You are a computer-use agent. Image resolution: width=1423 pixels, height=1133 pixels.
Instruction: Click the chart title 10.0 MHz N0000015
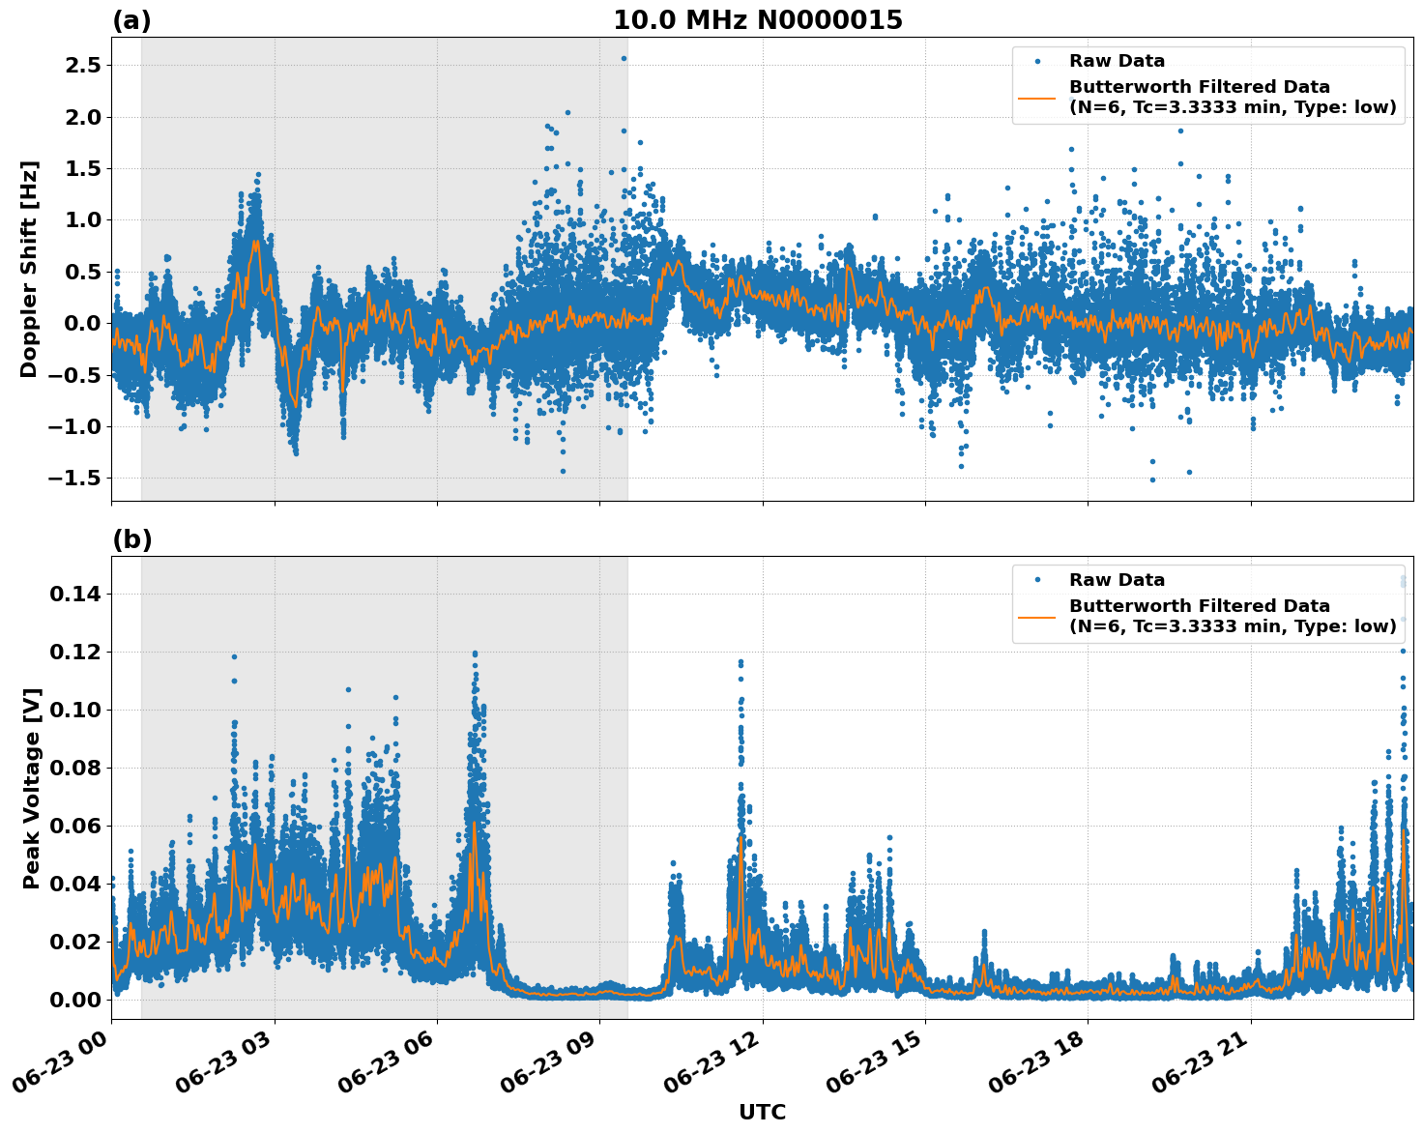(758, 20)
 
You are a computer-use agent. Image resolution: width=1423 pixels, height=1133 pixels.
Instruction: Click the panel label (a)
(131, 20)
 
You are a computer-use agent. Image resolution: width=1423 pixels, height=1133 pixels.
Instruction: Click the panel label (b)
(131, 539)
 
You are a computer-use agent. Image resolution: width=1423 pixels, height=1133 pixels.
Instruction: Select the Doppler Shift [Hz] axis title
(29, 269)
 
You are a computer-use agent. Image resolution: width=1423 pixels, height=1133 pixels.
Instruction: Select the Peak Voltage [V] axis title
(31, 788)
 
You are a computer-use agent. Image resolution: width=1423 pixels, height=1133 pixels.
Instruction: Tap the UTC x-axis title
(762, 1112)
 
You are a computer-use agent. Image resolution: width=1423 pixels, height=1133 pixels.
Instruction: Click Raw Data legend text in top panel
(1117, 61)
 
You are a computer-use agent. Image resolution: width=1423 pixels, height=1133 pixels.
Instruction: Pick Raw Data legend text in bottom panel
(1117, 580)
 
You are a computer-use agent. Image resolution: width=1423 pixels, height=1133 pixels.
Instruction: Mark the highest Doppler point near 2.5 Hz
(624, 58)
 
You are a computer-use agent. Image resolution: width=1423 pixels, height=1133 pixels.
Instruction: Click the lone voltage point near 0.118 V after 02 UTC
(234, 656)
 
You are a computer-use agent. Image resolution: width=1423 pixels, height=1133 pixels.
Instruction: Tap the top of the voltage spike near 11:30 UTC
(741, 662)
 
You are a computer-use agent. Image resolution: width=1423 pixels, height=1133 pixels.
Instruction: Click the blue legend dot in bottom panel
(1036, 580)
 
